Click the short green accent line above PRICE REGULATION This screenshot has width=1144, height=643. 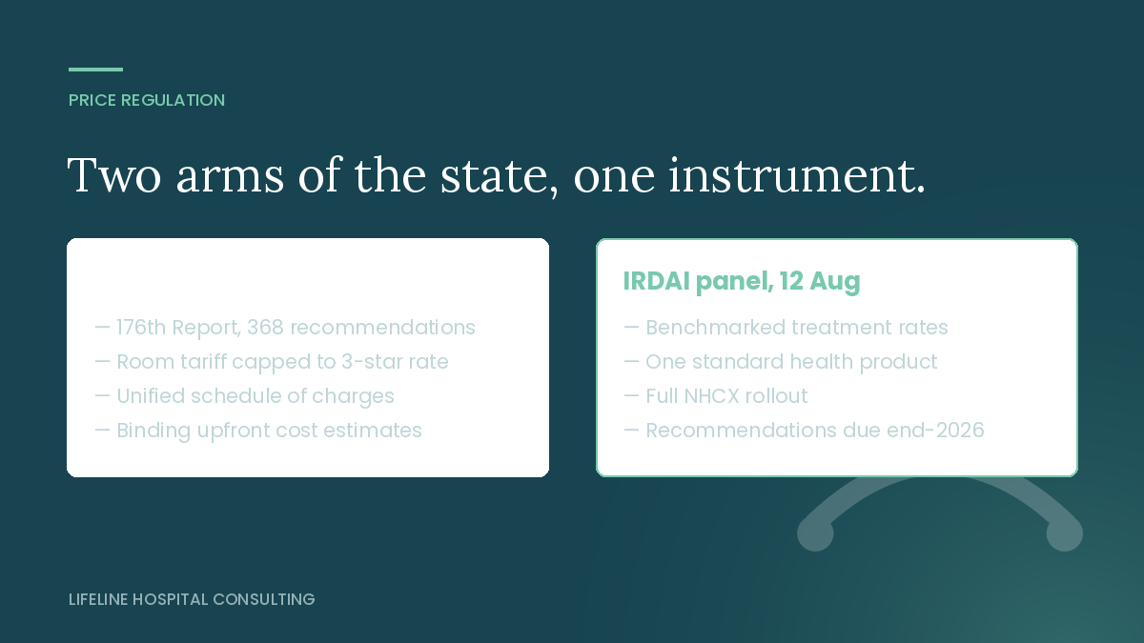click(x=95, y=70)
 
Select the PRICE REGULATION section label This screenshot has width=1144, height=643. click(x=147, y=100)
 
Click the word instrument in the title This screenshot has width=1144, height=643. click(x=797, y=175)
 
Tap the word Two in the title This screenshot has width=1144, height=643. click(x=114, y=175)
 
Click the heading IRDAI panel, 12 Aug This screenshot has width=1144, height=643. click(x=742, y=281)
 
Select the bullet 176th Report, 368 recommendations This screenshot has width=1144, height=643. click(x=285, y=328)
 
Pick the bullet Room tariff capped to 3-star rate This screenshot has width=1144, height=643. click(x=272, y=362)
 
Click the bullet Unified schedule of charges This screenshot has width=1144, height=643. click(x=245, y=396)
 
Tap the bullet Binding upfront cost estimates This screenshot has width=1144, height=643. click(x=258, y=431)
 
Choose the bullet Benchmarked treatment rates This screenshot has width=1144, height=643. click(x=786, y=328)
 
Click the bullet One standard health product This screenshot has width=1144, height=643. click(x=781, y=362)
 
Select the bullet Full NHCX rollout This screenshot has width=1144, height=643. click(x=716, y=396)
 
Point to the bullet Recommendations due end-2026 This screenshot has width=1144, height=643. click(x=804, y=431)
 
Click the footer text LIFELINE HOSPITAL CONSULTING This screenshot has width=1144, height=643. click(x=192, y=599)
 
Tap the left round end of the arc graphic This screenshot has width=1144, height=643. click(x=816, y=533)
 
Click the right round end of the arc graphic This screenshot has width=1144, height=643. click(x=1064, y=533)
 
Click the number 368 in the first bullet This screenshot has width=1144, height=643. click(x=265, y=328)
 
